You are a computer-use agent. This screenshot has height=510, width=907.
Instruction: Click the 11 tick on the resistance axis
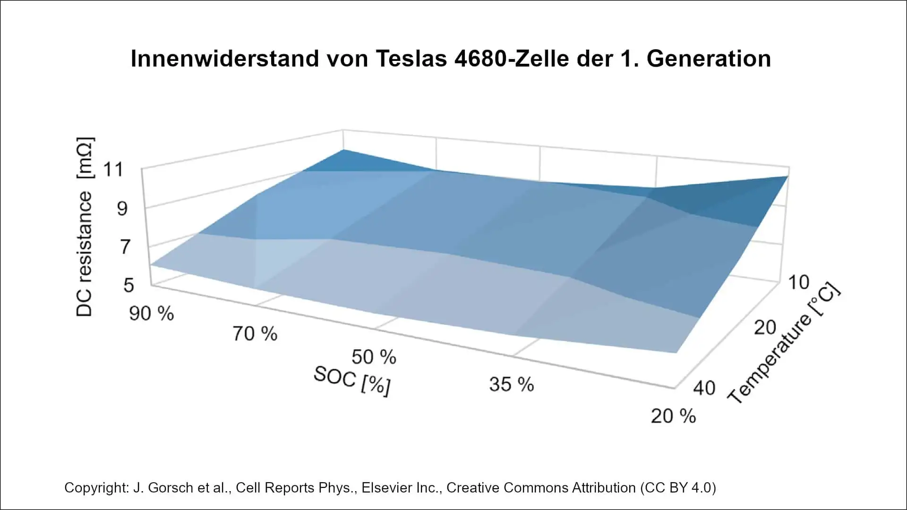pos(113,169)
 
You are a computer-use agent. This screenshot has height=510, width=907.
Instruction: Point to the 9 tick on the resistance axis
pos(122,208)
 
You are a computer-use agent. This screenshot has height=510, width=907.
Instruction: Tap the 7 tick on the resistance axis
pos(125,247)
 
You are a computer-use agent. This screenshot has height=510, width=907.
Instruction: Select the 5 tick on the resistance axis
pos(128,285)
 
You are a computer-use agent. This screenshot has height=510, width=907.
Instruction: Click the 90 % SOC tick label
pos(152,314)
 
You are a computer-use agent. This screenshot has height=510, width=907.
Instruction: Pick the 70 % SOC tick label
pos(255,334)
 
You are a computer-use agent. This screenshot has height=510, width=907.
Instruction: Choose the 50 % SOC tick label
pos(374,357)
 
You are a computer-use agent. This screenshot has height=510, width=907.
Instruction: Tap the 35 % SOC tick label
pos(512,384)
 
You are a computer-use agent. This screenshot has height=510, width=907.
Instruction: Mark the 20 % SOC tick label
pos(673,416)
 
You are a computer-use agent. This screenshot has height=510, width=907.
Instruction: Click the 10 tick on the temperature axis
pos(798,282)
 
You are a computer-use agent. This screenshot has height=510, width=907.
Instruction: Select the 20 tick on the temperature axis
pos(765,327)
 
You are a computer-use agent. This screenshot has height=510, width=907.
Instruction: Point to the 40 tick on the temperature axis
pos(704,388)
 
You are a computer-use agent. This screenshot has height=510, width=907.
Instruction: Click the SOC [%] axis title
pos(352,381)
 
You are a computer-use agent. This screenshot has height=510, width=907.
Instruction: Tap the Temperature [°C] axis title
pos(784,344)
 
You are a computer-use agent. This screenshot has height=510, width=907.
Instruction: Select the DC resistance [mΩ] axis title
pos(85,227)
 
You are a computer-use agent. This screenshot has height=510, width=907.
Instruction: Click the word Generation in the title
pos(709,59)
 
